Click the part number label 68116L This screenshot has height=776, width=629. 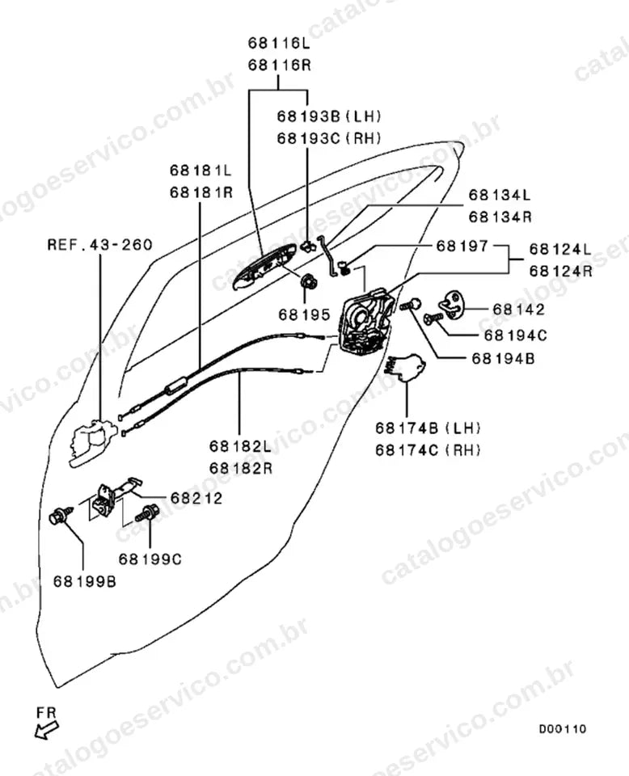279,43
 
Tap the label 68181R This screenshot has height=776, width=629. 201,192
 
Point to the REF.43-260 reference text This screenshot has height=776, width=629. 100,245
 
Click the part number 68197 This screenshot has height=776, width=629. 462,246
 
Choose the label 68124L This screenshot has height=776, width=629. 560,249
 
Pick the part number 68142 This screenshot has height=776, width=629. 518,310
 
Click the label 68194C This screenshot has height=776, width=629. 515,335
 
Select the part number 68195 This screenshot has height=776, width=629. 304,314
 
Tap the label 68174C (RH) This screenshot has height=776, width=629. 428,450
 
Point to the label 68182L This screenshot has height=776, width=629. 240,446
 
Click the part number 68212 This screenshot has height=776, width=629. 196,499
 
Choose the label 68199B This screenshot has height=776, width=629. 85,581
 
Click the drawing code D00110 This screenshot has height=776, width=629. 563,729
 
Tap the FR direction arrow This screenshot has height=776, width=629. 47,729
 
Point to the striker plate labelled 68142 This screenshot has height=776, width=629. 451,303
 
